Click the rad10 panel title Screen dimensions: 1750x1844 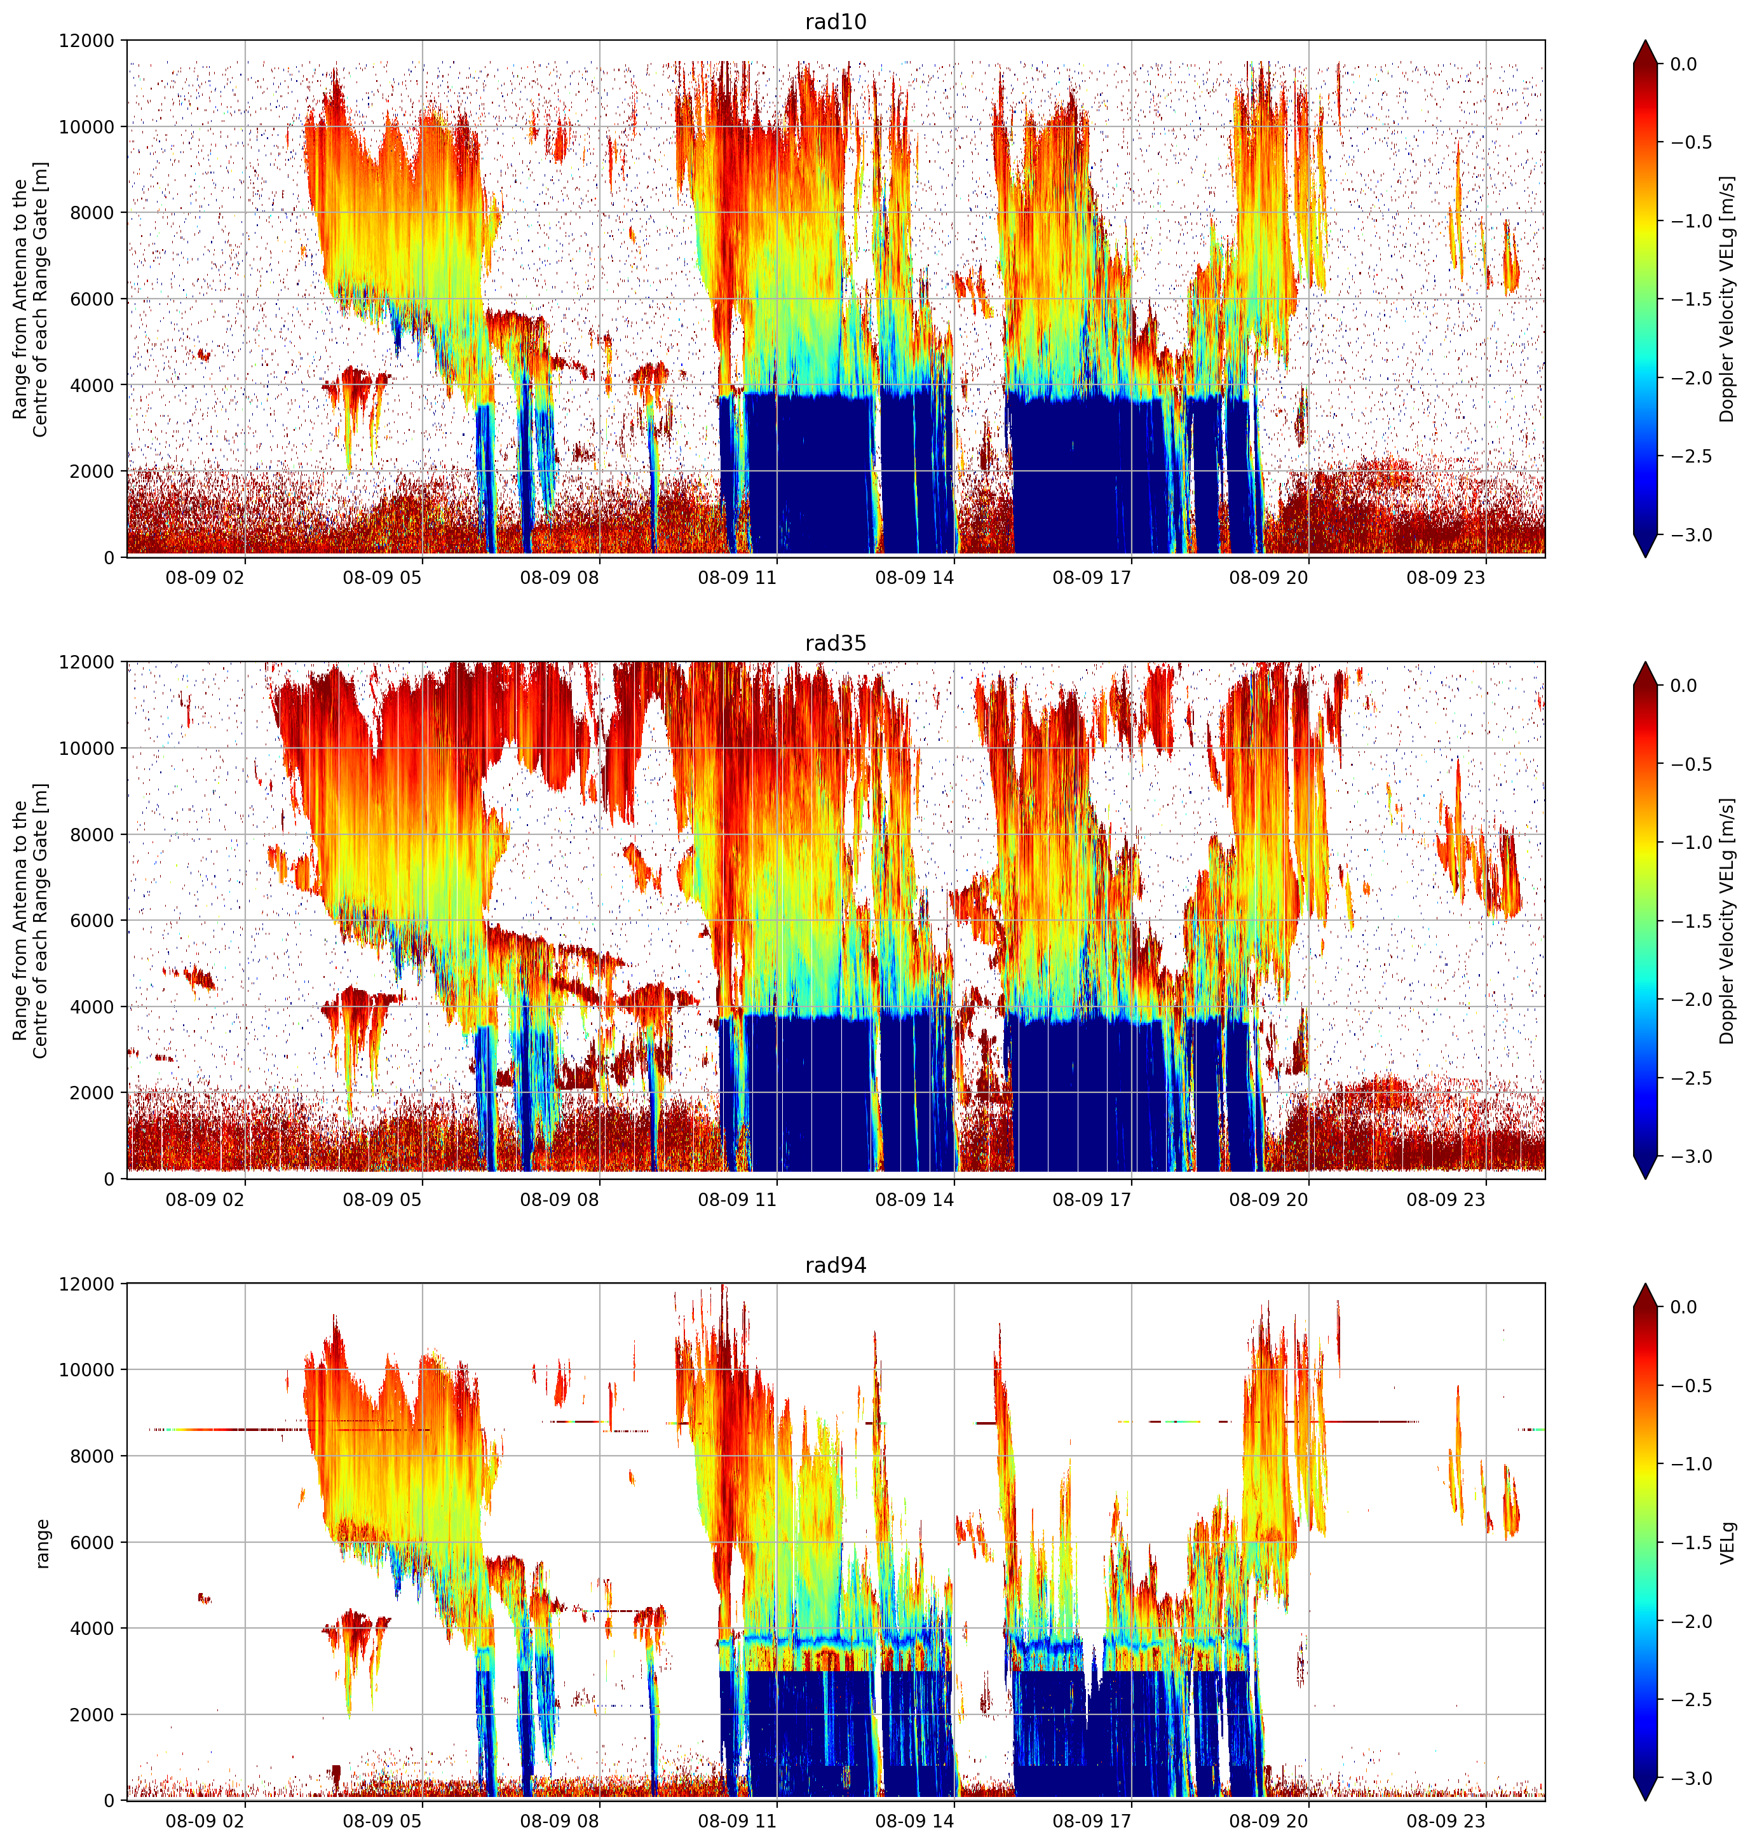coord(836,22)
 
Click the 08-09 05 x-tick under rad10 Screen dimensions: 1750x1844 coord(383,578)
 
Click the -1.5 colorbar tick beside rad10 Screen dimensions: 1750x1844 coord(1692,299)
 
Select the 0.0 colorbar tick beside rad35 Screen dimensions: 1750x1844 coord(1684,686)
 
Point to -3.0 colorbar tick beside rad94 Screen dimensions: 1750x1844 coord(1692,1779)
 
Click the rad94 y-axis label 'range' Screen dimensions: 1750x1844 coord(43,1543)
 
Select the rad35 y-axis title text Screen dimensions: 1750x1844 coord(30,921)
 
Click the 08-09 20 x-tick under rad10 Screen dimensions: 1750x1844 coord(1269,578)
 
